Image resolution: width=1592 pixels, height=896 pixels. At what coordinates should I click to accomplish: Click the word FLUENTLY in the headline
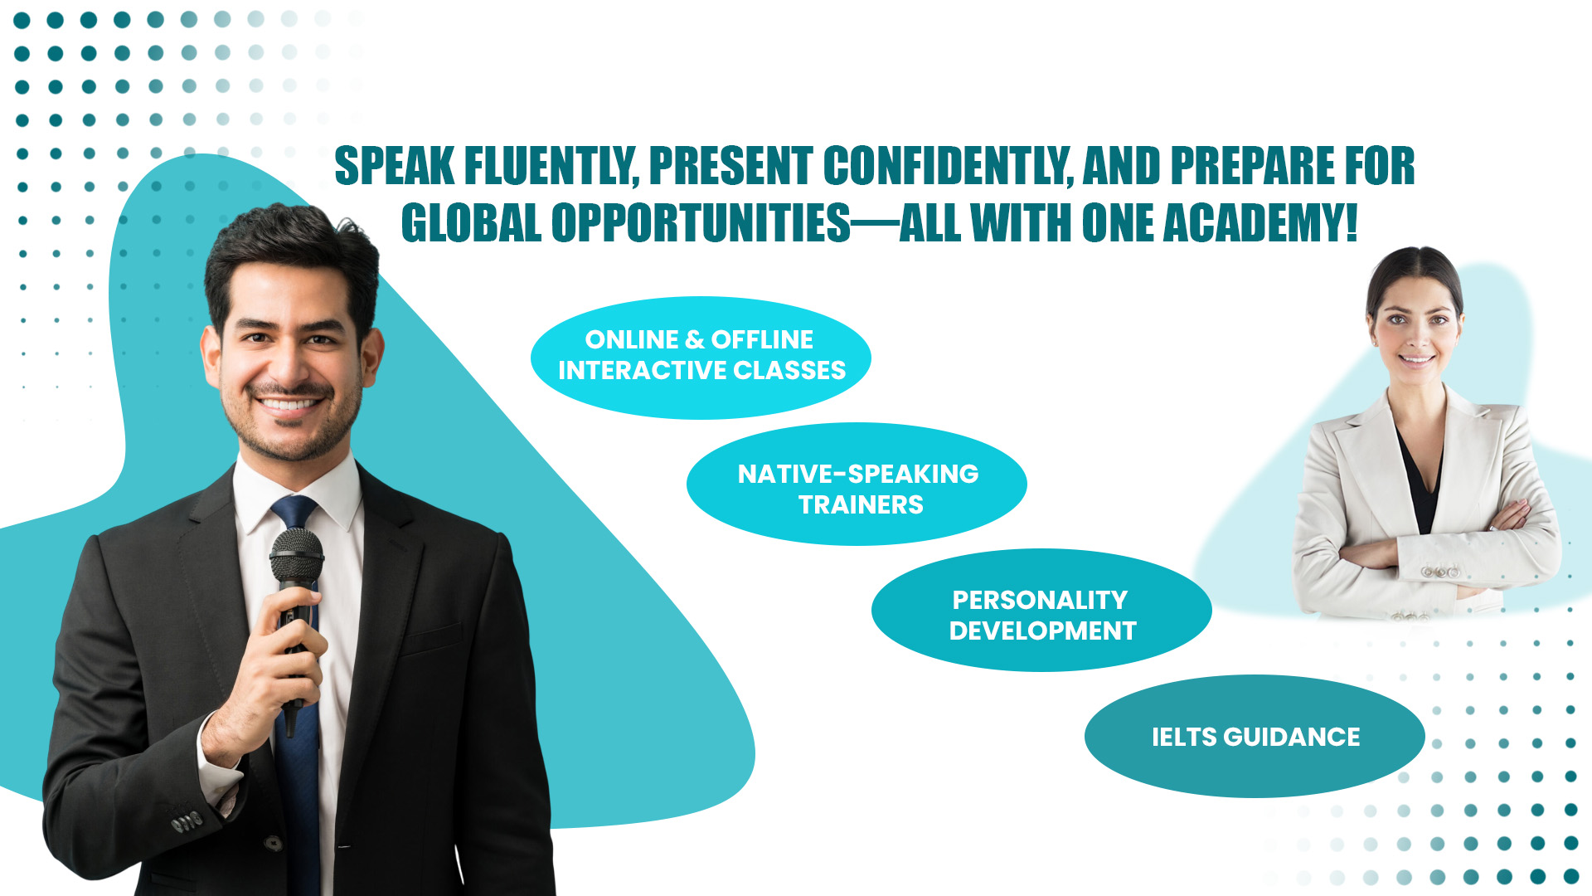[551, 166]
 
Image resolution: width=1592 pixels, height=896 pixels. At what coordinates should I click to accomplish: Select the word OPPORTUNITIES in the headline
[701, 223]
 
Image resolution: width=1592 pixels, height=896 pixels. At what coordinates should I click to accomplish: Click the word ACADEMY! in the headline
[1260, 223]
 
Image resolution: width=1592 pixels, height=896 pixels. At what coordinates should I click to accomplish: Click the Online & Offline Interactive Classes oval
[701, 358]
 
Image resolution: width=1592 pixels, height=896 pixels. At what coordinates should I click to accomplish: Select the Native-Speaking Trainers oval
[857, 485]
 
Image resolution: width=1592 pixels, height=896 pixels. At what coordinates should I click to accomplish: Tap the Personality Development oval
[1041, 611]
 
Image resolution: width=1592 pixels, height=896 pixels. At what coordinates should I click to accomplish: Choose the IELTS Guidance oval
[1255, 737]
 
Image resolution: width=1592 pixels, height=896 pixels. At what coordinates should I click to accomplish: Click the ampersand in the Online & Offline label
[696, 340]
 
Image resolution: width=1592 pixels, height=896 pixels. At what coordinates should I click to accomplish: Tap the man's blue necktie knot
[294, 511]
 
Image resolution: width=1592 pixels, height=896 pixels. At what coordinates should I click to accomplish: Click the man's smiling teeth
[288, 406]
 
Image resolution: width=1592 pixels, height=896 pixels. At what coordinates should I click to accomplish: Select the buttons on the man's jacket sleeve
[186, 822]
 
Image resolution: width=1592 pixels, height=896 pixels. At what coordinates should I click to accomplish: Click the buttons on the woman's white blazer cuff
[1440, 572]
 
